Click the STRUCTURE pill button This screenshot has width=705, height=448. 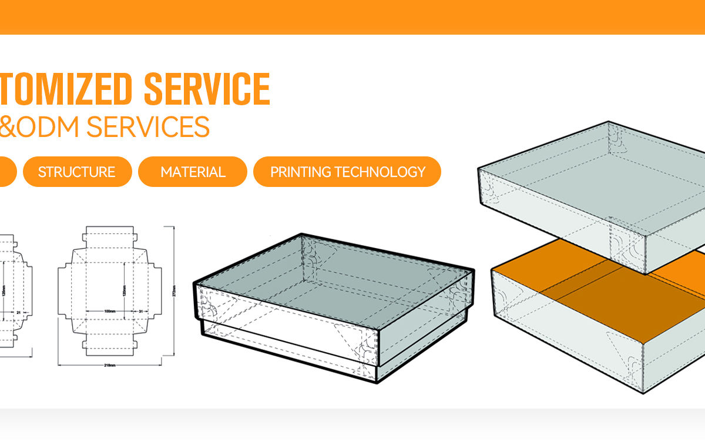click(77, 172)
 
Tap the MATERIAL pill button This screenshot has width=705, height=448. click(193, 172)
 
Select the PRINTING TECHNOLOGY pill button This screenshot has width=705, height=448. click(347, 172)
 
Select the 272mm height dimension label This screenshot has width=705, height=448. click(174, 292)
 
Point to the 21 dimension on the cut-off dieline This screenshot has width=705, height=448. click(18, 312)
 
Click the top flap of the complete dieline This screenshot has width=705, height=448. click(109, 235)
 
